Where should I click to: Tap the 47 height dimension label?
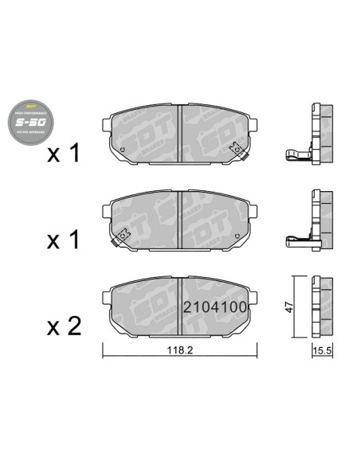[x=290, y=305]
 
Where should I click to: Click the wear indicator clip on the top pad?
[x=237, y=148]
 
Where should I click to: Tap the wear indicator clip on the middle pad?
[x=122, y=236]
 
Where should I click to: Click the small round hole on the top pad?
[x=125, y=150]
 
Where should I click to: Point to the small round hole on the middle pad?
[x=237, y=235]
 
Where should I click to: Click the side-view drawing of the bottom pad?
[x=320, y=307]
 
